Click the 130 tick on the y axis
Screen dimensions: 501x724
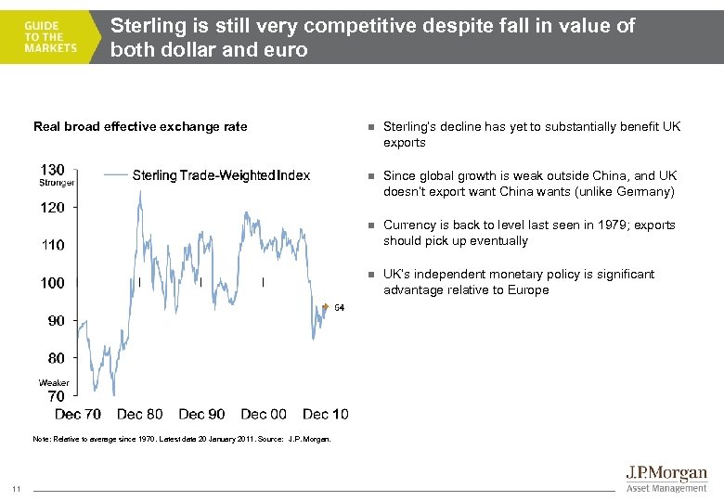[x=53, y=170]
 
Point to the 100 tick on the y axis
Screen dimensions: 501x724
[x=53, y=282]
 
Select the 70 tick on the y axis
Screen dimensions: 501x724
[x=56, y=396]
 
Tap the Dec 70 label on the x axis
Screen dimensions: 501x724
[x=78, y=414]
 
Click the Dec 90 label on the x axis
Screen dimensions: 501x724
[x=201, y=414]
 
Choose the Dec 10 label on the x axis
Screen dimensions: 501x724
[x=326, y=414]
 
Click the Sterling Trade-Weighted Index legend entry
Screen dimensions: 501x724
[x=220, y=174]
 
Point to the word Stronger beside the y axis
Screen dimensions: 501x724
[x=57, y=183]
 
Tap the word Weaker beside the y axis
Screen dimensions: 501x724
[x=54, y=383]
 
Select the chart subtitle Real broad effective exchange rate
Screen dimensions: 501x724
[x=140, y=127]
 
